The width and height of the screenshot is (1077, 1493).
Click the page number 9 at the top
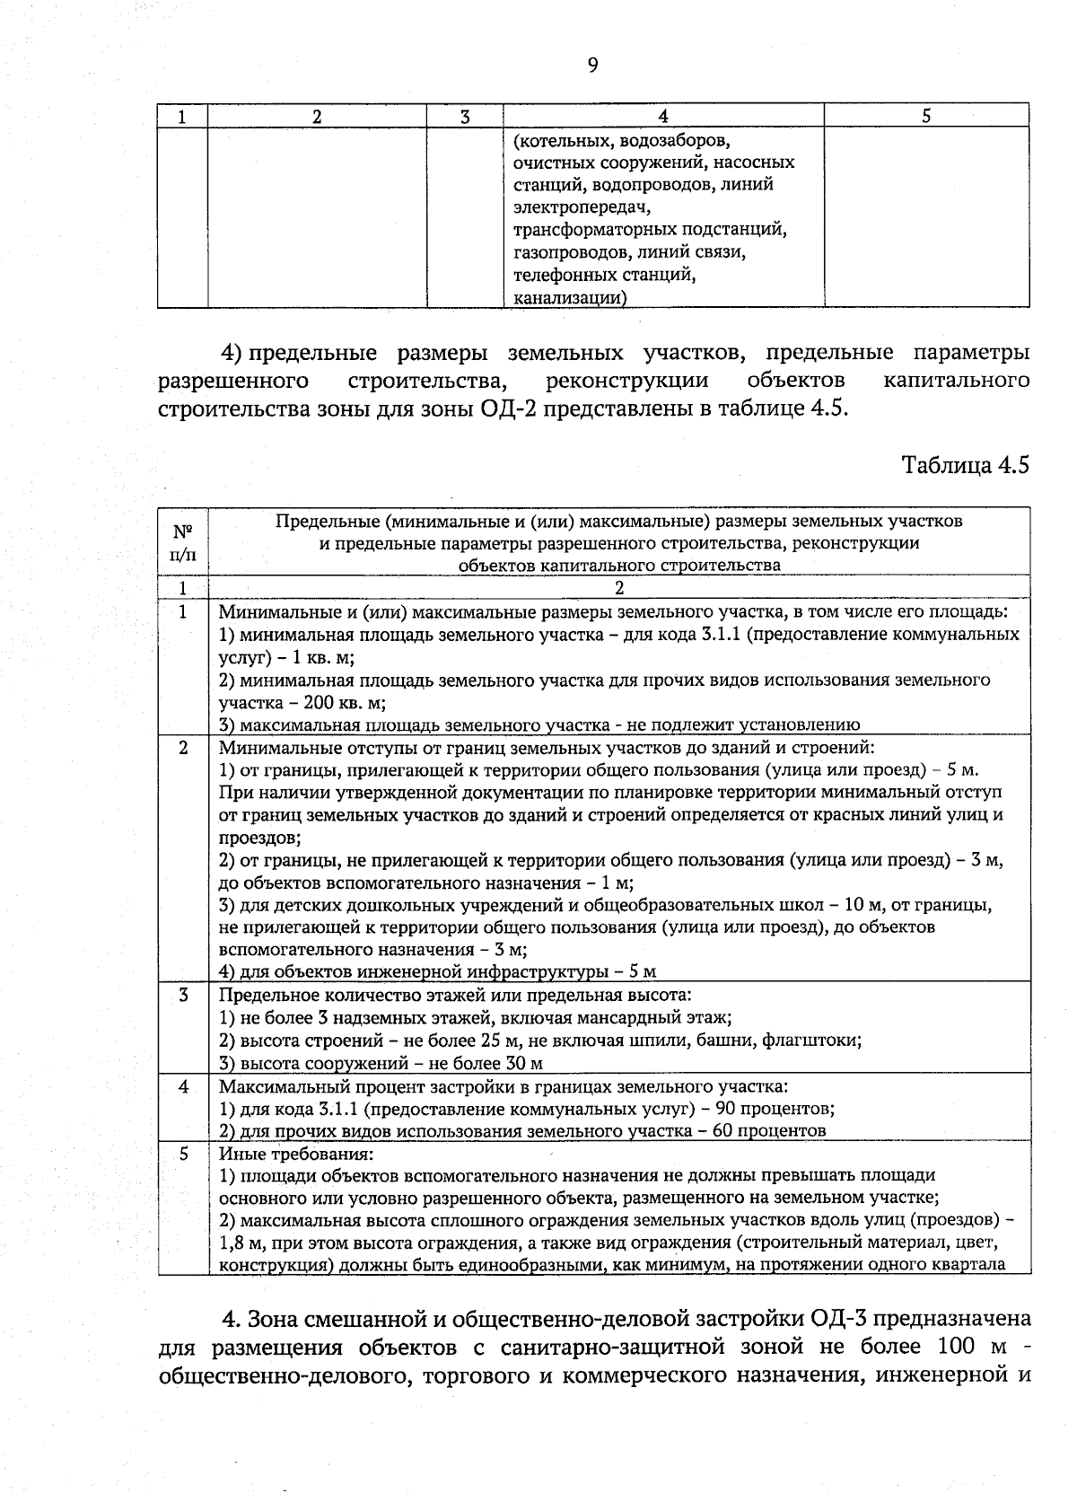pos(591,65)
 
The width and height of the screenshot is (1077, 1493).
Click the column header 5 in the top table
pos(926,116)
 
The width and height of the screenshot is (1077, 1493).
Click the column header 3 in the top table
pos(464,116)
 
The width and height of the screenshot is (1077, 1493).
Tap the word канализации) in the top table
pos(569,297)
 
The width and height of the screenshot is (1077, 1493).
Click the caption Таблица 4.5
pos(965,466)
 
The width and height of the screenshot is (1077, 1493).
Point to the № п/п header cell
pos(183,542)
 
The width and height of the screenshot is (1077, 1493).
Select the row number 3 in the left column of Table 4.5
pos(183,995)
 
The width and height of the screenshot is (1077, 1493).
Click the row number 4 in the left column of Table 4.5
pos(183,1085)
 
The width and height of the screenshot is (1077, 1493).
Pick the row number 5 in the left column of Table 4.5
pos(183,1153)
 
